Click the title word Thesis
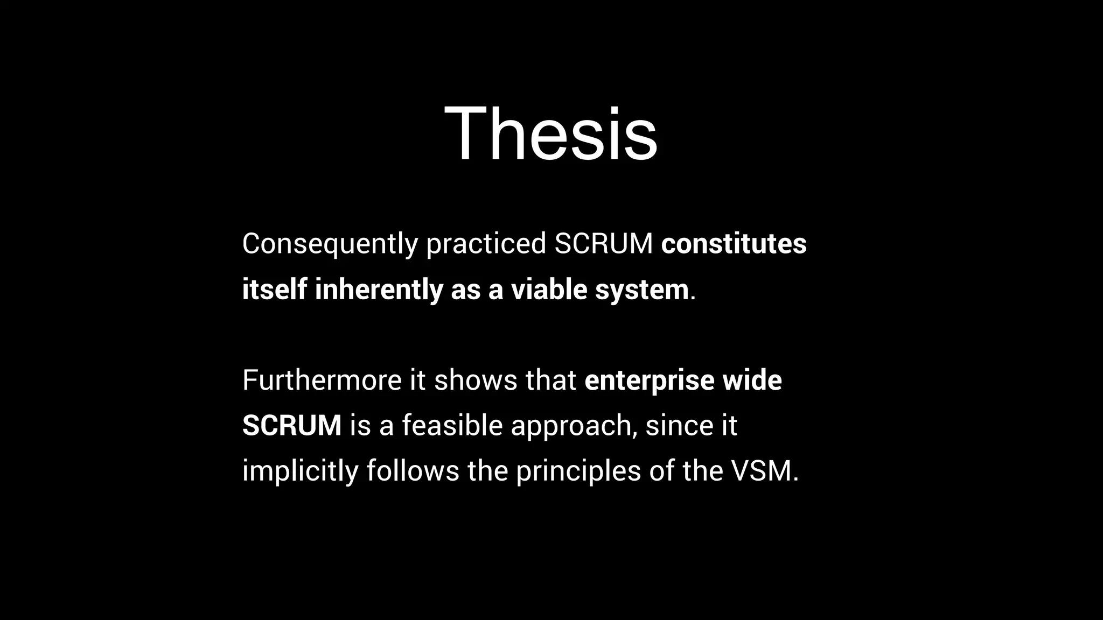pos(550,133)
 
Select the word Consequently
pos(330,244)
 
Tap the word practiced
pos(486,244)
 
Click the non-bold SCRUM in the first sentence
pos(604,244)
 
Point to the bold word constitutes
pos(734,244)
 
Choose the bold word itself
pos(274,290)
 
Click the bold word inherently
pos(379,290)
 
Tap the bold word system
pos(641,290)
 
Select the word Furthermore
pos(322,381)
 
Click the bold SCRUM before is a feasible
pos(291,426)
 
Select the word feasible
pos(452,426)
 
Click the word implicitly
pos(300,471)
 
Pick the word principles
pos(578,471)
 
